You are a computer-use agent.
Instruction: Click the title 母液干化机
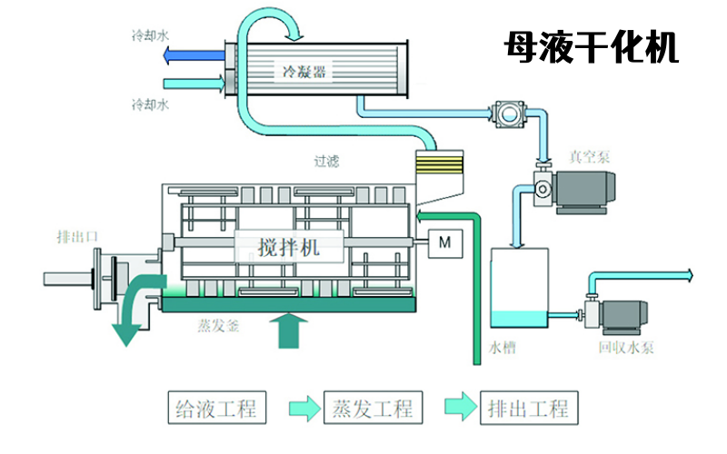(592, 47)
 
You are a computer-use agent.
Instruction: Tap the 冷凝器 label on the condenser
(304, 72)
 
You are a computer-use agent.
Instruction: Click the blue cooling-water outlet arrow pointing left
(194, 55)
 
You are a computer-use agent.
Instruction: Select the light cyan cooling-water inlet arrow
(194, 84)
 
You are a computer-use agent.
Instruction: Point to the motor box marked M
(444, 243)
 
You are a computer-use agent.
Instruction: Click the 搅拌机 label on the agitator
(289, 247)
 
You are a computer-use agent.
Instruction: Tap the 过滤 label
(326, 162)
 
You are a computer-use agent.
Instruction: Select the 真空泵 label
(589, 157)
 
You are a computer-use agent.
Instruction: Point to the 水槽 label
(503, 347)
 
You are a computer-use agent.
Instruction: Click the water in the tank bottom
(519, 319)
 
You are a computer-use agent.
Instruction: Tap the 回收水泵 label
(626, 347)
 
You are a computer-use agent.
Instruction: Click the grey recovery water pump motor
(624, 316)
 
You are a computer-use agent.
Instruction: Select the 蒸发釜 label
(218, 326)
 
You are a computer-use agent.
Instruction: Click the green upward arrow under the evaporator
(289, 331)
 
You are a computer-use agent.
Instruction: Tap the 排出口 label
(77, 237)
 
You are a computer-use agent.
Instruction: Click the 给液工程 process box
(217, 408)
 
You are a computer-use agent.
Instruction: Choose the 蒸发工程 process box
(373, 408)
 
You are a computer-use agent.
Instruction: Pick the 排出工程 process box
(529, 408)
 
